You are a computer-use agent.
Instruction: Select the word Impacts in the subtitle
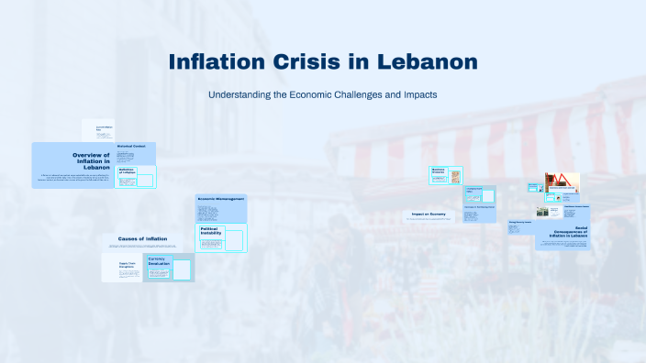(x=416, y=94)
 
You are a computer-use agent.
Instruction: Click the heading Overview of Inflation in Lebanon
(x=91, y=161)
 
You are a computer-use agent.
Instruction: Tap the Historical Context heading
(x=132, y=147)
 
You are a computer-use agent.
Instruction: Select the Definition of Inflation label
(x=127, y=170)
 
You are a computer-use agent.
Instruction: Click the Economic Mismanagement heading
(x=221, y=198)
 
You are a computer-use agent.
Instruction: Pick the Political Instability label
(x=211, y=231)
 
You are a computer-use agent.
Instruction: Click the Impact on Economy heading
(x=429, y=214)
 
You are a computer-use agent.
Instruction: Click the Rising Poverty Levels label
(x=520, y=221)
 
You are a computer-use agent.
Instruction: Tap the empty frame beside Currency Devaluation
(x=182, y=270)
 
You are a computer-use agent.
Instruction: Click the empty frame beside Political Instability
(x=233, y=240)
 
